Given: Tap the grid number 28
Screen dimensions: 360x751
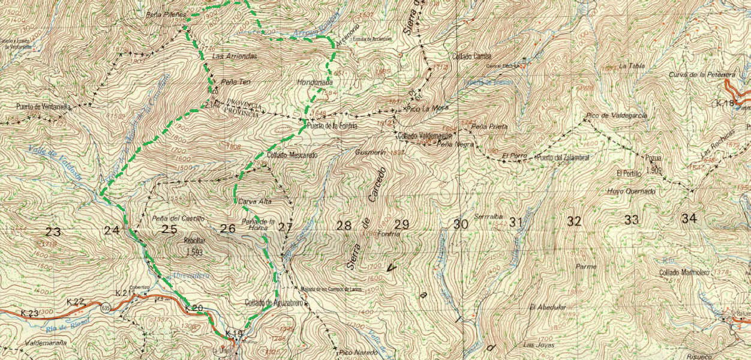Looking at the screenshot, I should point(344,226).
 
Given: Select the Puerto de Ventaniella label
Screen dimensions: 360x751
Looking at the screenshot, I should point(44,107).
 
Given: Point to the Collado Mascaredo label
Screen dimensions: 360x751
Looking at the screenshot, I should point(292,155).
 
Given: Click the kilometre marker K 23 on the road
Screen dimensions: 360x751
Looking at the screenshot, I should point(29,313).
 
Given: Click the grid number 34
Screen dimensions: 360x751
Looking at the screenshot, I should point(689,219).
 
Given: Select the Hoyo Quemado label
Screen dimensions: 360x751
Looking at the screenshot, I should point(631,191).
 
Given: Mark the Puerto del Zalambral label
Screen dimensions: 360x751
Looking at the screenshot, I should point(563,158).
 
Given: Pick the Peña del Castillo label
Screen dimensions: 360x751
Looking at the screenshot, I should point(179,218).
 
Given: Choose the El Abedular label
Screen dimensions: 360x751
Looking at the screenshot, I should point(548,307).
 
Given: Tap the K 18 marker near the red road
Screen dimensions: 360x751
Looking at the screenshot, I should point(725,104).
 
